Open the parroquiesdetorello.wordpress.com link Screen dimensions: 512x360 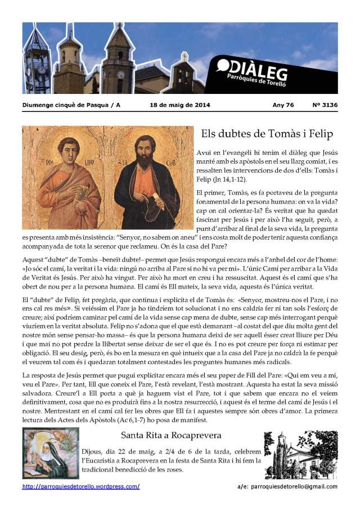pyautogui.click(x=81, y=487)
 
